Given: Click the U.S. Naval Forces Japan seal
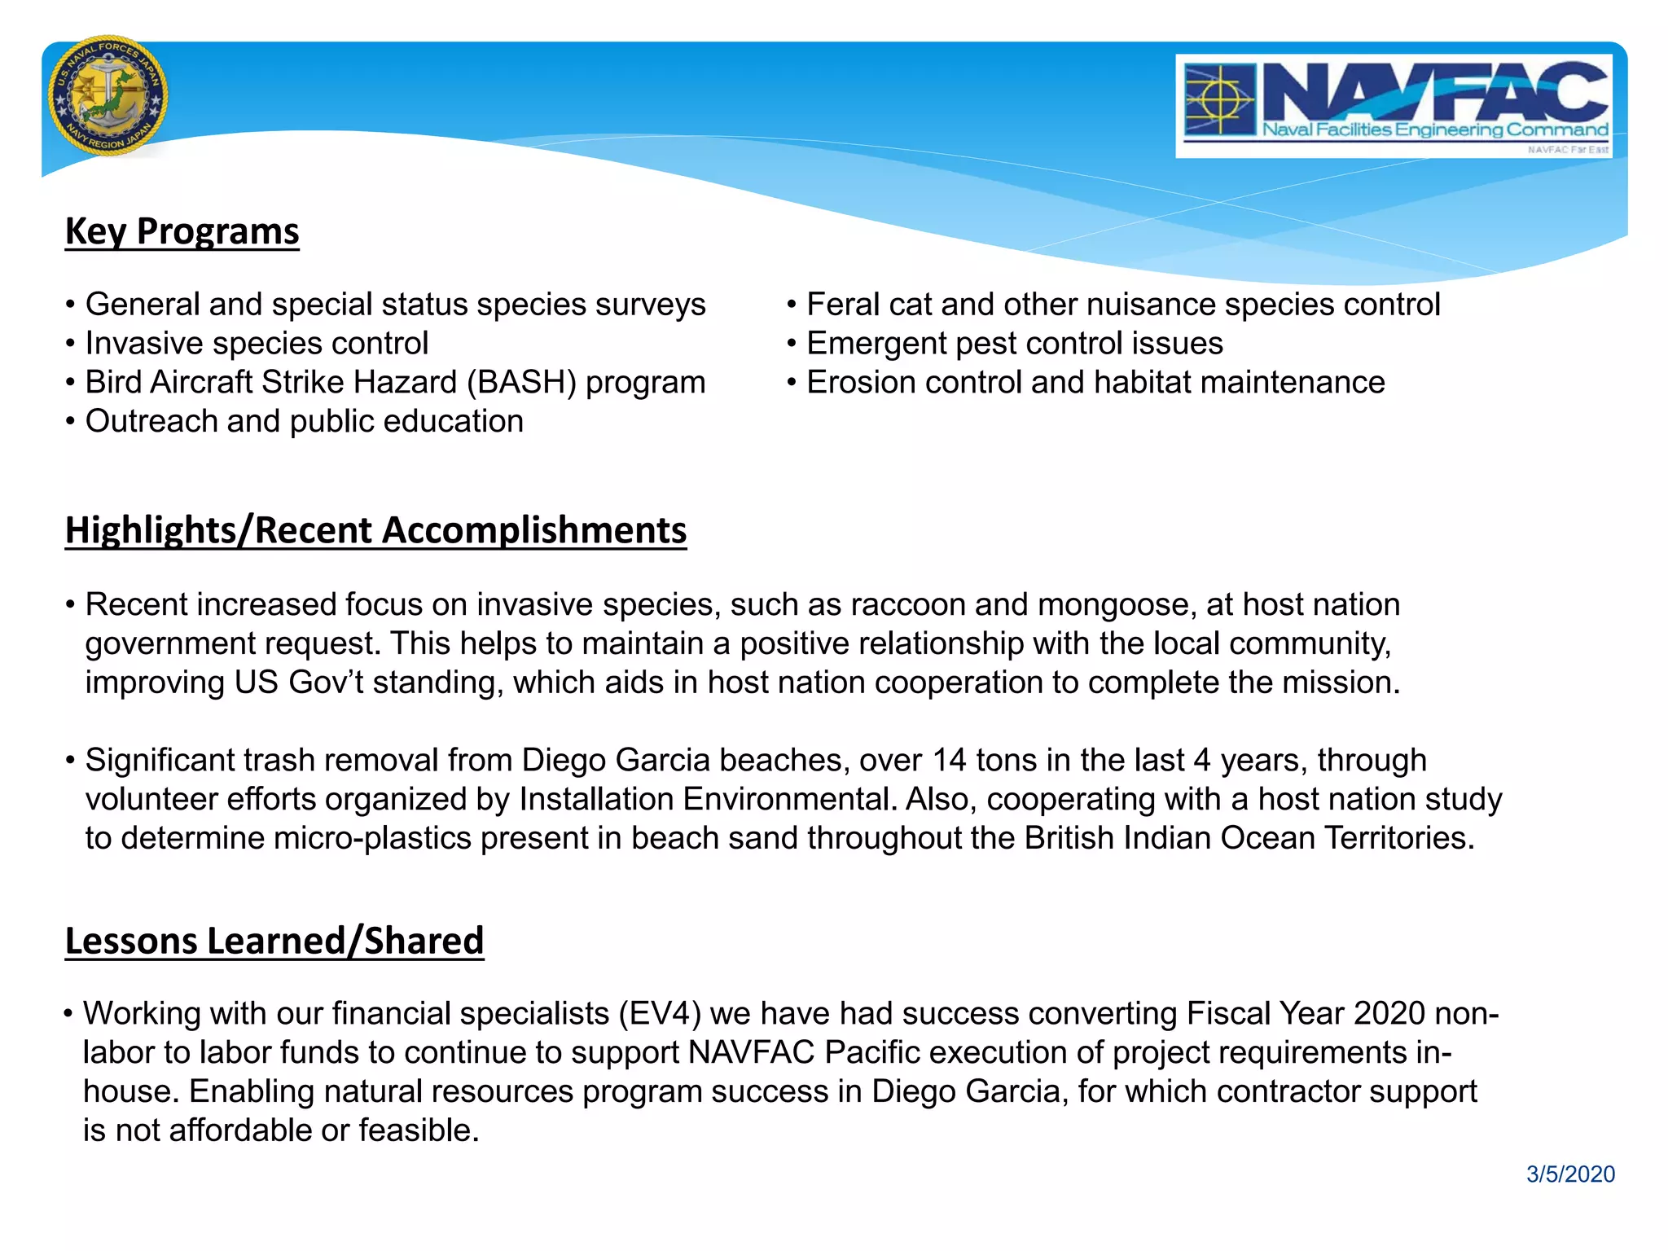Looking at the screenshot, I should point(108,96).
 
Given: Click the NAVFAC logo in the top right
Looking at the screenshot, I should point(1394,106).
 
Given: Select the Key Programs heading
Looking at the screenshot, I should point(182,231).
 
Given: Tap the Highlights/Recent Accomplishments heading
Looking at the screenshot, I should point(375,530).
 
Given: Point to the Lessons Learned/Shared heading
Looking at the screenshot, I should point(274,941).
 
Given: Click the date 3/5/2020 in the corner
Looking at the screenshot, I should point(1570,1174).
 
